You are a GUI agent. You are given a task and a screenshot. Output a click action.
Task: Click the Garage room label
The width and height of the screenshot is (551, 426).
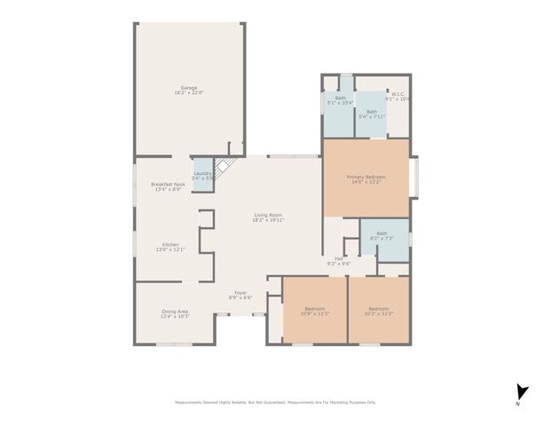[x=188, y=87]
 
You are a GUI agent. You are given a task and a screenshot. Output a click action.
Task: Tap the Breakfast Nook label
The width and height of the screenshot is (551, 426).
[x=168, y=184]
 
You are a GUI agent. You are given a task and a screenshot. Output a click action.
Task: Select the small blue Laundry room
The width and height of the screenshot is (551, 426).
[x=202, y=176]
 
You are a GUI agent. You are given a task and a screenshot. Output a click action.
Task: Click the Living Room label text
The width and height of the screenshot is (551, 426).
[x=269, y=215]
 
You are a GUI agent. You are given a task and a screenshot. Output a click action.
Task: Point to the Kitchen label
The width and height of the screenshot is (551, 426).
[x=170, y=244]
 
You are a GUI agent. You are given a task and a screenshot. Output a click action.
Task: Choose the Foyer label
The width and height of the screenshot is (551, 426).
[x=240, y=292]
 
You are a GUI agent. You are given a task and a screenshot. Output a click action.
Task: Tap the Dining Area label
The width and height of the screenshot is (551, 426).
[x=174, y=311]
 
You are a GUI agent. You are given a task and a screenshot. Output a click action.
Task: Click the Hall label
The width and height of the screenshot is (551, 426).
[x=339, y=258]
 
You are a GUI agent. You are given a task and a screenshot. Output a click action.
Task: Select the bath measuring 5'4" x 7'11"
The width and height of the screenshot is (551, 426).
[x=371, y=111]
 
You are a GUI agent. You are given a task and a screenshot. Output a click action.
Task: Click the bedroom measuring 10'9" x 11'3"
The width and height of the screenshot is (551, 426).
[x=315, y=309]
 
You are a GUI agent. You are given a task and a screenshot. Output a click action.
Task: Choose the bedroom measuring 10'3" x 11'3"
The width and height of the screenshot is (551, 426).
[x=379, y=309]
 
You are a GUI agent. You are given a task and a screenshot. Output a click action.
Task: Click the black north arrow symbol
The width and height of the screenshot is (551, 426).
[x=522, y=391]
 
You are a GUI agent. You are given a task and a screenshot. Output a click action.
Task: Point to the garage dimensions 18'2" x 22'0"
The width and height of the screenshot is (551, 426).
[x=188, y=92]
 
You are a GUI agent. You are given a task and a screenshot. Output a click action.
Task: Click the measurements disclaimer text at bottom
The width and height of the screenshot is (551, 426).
[x=275, y=402]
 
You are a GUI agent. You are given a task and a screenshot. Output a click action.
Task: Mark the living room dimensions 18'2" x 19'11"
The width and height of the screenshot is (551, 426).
[x=269, y=220]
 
